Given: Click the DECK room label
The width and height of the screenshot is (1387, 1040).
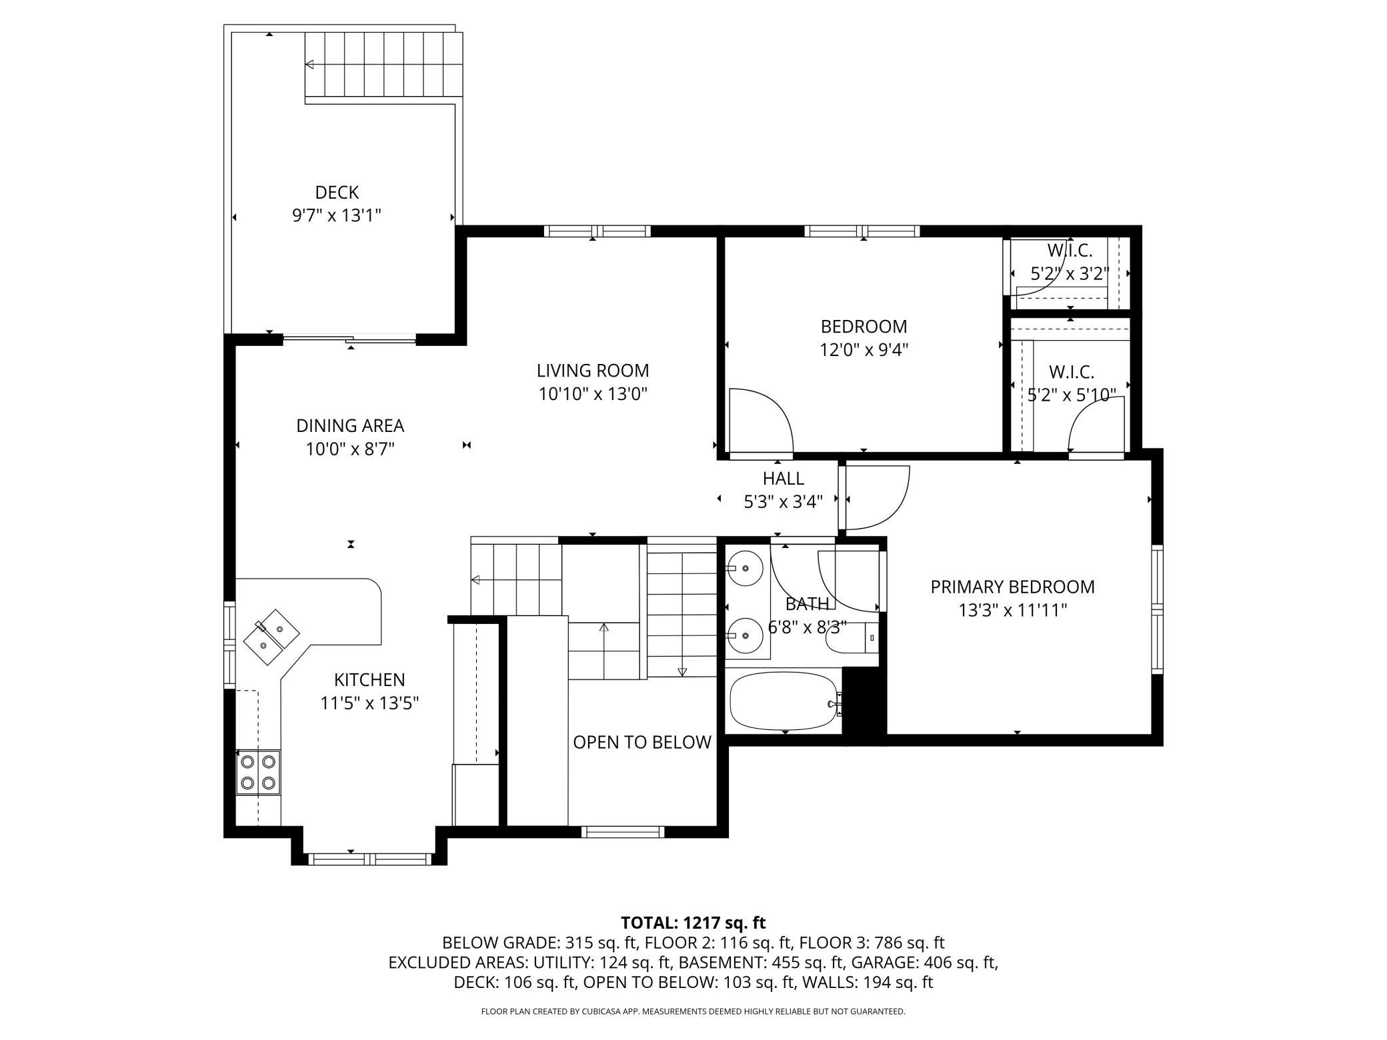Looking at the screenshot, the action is [x=337, y=193].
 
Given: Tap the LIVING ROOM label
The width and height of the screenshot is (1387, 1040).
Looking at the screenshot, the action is [x=593, y=371].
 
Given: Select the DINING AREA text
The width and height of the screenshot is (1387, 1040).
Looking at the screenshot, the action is [x=350, y=425].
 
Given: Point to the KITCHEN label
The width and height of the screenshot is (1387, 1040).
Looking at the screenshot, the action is [x=369, y=680].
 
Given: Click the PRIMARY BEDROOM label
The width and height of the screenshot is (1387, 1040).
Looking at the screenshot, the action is [x=1013, y=587].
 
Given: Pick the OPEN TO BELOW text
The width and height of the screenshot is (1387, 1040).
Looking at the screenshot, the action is [x=642, y=743].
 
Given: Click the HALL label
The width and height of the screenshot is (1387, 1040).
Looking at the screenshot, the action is [x=784, y=479].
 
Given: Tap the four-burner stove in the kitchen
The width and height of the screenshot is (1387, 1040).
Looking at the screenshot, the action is [x=259, y=772].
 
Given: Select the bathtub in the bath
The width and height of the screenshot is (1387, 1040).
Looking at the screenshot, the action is [x=784, y=701].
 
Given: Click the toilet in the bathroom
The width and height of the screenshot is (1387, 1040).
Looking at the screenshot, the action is [x=850, y=638].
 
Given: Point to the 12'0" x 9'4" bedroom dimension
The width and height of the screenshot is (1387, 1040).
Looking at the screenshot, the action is [x=864, y=350].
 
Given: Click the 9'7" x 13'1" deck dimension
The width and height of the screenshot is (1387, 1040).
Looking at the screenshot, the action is [x=337, y=215].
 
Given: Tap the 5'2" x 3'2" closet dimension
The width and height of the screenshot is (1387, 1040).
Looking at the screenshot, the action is [x=1070, y=274].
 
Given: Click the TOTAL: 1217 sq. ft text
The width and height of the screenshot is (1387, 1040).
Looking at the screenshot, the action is [x=693, y=923].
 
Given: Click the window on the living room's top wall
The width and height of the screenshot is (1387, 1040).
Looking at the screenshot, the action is [x=597, y=231].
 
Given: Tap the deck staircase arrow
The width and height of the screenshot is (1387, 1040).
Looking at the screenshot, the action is [x=383, y=65].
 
